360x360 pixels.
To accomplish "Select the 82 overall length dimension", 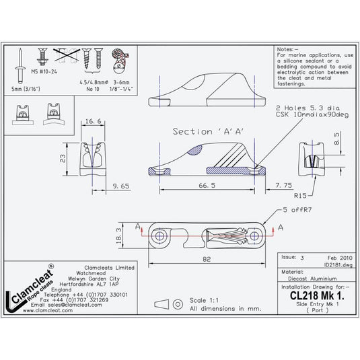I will point(207,258).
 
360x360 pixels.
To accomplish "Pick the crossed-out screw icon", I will point(65,59).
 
